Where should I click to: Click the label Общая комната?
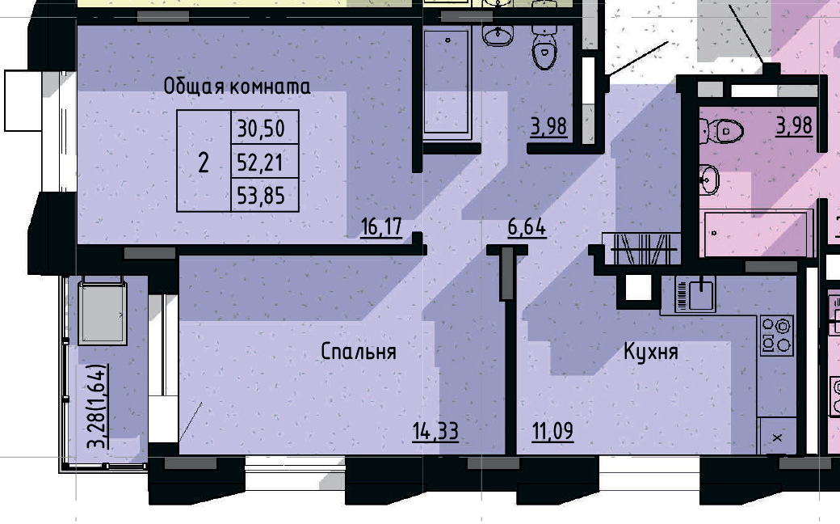[x=237, y=86]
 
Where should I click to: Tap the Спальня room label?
[x=358, y=352]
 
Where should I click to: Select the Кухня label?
[x=650, y=352]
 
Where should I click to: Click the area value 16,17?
[x=381, y=227]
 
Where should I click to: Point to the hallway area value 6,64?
[x=527, y=227]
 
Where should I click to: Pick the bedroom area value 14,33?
[x=435, y=432]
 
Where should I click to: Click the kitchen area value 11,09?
[x=552, y=432]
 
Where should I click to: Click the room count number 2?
[x=204, y=163]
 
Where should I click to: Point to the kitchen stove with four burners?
[x=776, y=335]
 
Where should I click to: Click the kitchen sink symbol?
[x=695, y=294]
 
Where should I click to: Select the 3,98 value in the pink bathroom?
[x=793, y=126]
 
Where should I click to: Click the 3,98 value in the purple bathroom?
[x=548, y=127]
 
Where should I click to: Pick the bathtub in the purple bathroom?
[x=447, y=82]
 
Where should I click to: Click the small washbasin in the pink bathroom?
[x=710, y=180]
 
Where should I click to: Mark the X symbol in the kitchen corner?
[x=777, y=437]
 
